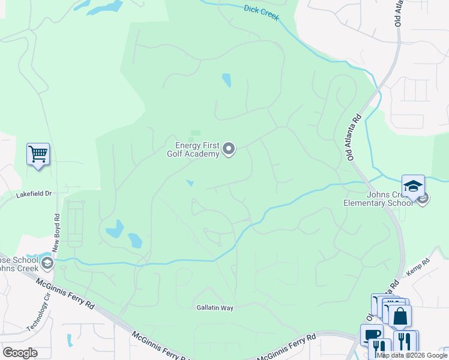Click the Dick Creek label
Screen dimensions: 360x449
(262, 13)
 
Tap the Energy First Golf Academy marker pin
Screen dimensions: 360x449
(229, 149)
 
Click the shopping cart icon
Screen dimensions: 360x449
(38, 154)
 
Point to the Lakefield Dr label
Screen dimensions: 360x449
(35, 194)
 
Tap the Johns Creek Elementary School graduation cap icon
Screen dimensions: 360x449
(413, 186)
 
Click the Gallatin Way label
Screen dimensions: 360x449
(214, 307)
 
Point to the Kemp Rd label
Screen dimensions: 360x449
(418, 267)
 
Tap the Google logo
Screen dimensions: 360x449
(20, 353)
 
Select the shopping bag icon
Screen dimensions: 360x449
(400, 316)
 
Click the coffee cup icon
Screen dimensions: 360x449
(372, 335)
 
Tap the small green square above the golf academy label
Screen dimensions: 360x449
(195, 133)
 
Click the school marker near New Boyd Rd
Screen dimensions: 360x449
(47, 262)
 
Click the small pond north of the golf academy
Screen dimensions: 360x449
(226, 80)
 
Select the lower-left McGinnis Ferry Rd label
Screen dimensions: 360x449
(64, 293)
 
